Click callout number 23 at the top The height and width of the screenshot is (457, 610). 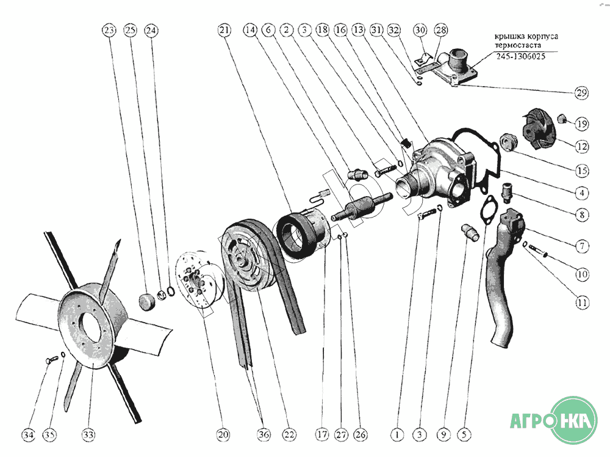point(109,29)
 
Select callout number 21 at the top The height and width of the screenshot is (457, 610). point(224,29)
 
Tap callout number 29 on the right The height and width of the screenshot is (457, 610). point(581,93)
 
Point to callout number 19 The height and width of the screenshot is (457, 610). point(582,124)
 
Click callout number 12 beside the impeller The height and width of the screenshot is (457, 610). point(582,147)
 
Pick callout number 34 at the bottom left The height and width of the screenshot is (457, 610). point(28,435)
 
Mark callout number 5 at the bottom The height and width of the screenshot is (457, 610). point(465,435)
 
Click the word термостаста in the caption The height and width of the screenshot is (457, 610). point(518,45)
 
